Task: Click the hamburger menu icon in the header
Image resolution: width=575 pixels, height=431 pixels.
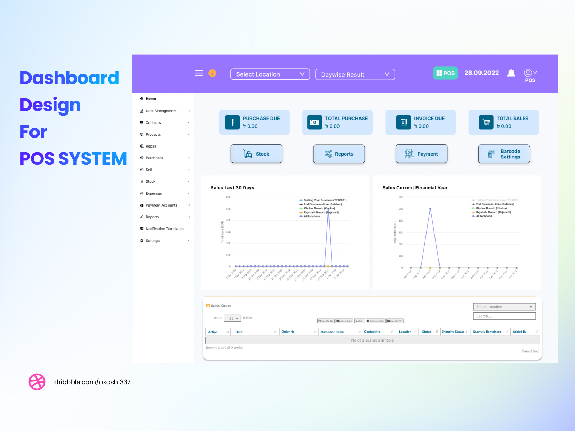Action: (x=199, y=73)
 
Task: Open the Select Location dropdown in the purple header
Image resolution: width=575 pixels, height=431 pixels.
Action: (x=270, y=74)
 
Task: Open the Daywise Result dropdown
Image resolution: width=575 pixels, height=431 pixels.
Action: (x=355, y=74)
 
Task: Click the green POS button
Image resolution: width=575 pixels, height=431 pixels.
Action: (x=445, y=73)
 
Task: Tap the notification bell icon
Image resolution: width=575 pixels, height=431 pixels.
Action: (x=511, y=73)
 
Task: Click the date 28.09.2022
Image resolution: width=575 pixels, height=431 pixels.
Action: (x=482, y=73)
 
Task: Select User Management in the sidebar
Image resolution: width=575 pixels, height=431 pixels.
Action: (x=161, y=111)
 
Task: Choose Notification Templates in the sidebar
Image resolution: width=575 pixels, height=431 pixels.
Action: (x=164, y=229)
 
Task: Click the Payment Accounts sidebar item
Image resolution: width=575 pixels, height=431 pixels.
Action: (x=161, y=205)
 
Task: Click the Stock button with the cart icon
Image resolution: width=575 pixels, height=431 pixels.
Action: (x=256, y=154)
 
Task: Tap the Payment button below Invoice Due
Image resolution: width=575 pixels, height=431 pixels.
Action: (x=421, y=154)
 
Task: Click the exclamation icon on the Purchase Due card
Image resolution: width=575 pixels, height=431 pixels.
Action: (x=233, y=122)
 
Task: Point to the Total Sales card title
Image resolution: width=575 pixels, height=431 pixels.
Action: (x=512, y=119)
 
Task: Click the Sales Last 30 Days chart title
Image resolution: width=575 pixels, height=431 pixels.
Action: (x=233, y=188)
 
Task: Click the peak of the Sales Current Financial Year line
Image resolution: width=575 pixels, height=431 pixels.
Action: (x=430, y=209)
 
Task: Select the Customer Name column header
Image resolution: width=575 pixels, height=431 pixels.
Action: (x=332, y=332)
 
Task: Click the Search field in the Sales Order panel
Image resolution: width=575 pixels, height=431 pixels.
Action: (x=504, y=316)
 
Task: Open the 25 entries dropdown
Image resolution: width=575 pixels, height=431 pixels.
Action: (x=232, y=318)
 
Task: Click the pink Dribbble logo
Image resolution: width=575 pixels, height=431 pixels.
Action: (x=37, y=382)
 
